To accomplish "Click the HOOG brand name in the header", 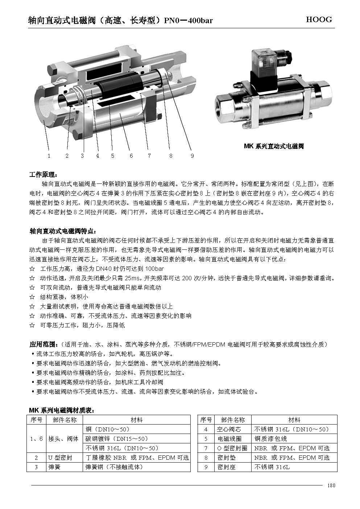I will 319,20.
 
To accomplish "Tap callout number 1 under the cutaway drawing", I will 49,156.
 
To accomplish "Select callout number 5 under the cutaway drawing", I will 113,156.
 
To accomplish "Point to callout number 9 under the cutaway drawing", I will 192,156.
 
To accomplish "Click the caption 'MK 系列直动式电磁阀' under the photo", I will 274,146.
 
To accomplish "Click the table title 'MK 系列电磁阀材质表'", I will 62,411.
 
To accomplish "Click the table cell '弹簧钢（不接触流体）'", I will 114,467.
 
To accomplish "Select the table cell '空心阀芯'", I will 229,429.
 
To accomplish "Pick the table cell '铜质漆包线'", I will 271,439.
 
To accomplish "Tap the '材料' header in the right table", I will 294,420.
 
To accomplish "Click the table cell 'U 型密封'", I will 60,458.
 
